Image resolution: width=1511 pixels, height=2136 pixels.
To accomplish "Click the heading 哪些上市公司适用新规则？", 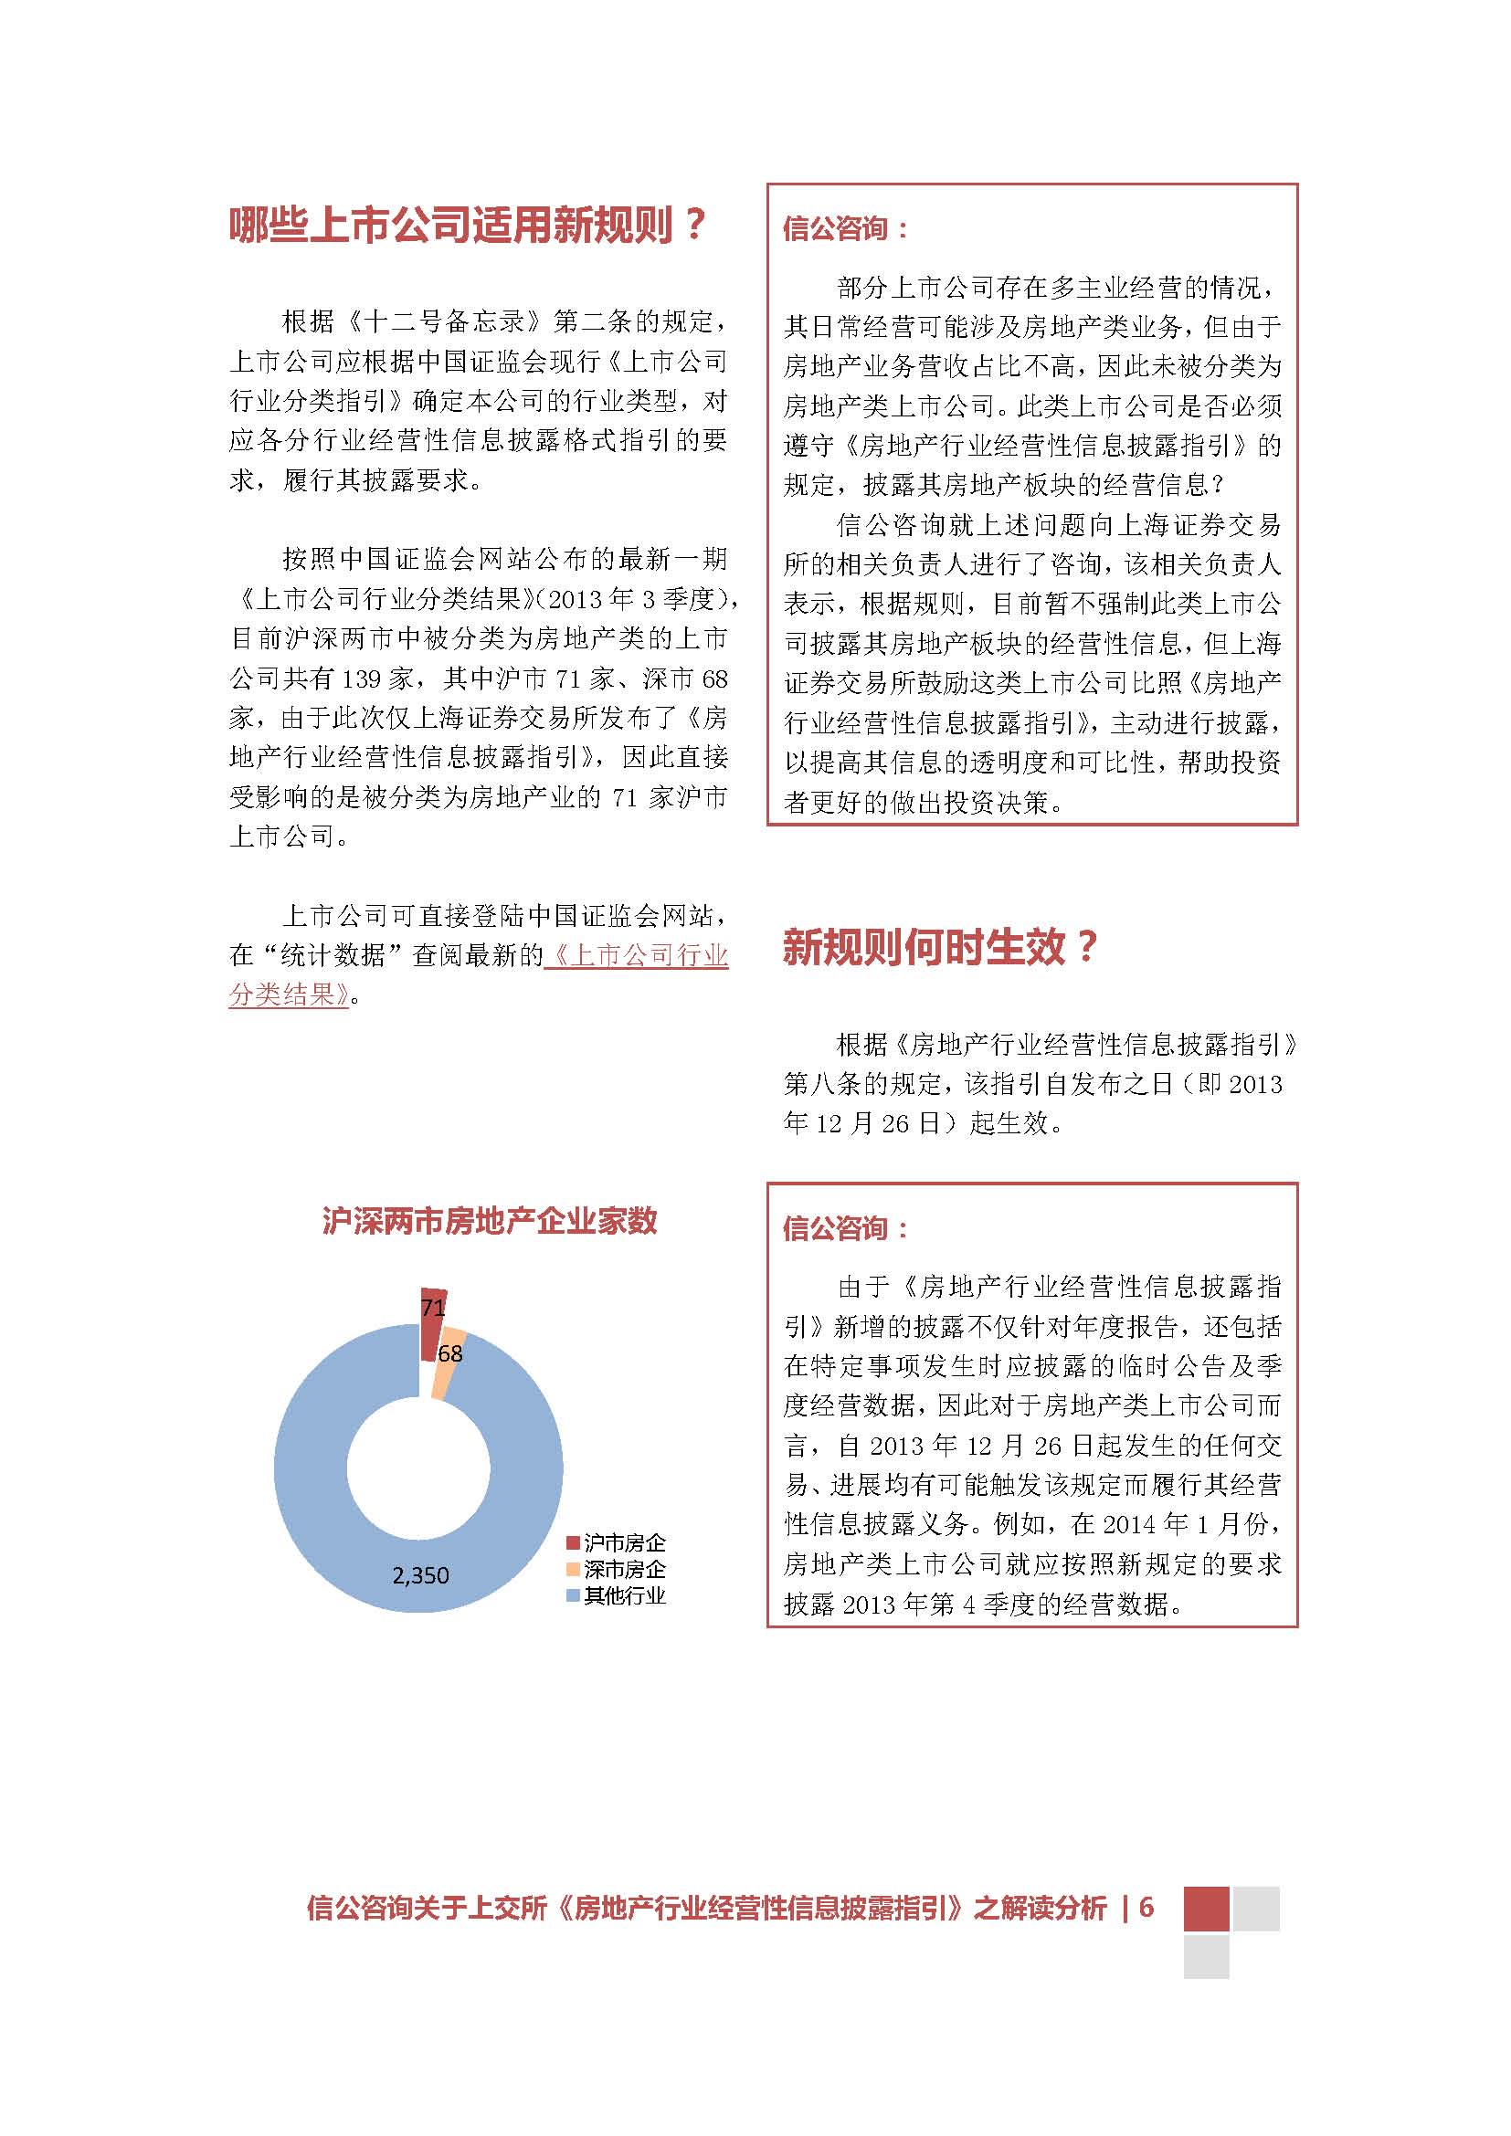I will click(x=468, y=226).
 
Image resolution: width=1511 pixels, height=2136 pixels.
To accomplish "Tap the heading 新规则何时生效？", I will click(x=940, y=948).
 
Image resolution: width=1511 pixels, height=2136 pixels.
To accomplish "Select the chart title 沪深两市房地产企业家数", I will click(x=490, y=1220).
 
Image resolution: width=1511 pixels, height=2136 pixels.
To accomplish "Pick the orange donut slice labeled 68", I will click(x=446, y=1369).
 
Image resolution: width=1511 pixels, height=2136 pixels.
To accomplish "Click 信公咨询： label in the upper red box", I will click(x=845, y=229).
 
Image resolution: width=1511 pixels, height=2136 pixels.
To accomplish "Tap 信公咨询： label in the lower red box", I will click(x=845, y=1228).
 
